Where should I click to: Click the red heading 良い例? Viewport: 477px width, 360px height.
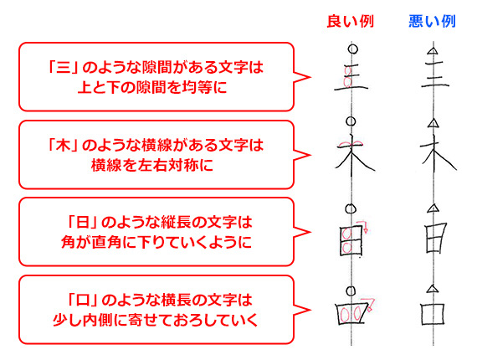pyautogui.click(x=350, y=21)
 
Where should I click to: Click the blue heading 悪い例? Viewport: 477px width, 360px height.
pyautogui.click(x=432, y=21)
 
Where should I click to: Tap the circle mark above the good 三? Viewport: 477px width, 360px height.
pyautogui.click(x=353, y=49)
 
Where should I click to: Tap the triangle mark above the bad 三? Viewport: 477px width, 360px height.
pyautogui.click(x=433, y=50)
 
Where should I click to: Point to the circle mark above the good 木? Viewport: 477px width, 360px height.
pyautogui.click(x=351, y=121)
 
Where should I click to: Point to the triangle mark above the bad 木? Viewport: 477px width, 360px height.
pyautogui.click(x=433, y=123)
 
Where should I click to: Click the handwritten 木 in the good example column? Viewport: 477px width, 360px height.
pyautogui.click(x=355, y=155)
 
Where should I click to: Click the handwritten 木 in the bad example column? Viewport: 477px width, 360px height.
pyautogui.click(x=438, y=154)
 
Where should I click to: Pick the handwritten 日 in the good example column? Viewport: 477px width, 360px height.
pyautogui.click(x=351, y=240)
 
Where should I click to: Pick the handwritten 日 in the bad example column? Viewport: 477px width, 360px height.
pyautogui.click(x=436, y=238)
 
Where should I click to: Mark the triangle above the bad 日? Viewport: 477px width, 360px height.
pyautogui.click(x=433, y=208)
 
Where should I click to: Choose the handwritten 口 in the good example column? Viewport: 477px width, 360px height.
pyautogui.click(x=351, y=313)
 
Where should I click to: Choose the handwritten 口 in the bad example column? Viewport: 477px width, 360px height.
pyautogui.click(x=433, y=314)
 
